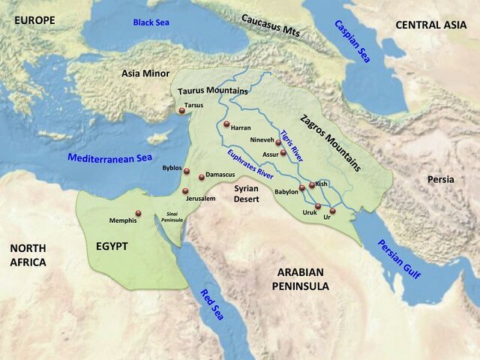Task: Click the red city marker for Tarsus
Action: coord(181,111)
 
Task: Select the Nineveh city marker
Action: coord(278,142)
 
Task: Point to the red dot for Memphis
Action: coord(138,213)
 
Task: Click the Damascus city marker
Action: coord(201,177)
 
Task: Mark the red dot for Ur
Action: coord(332,211)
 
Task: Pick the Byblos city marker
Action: coord(187,171)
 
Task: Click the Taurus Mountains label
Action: coord(213,91)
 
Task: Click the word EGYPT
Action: coord(112,246)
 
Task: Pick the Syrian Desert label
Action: coord(245,193)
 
